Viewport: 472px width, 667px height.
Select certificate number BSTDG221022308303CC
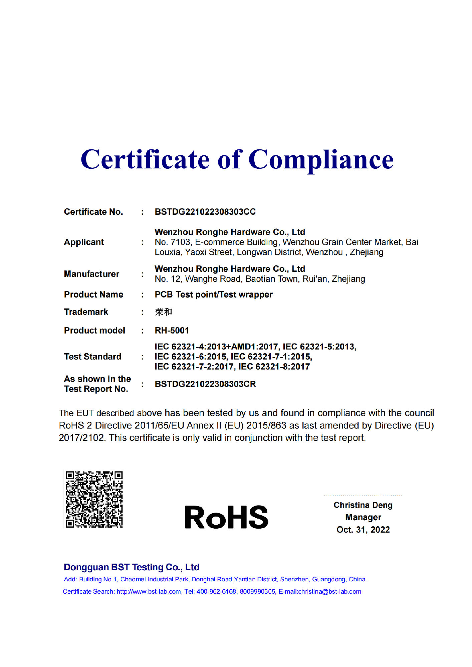(x=205, y=212)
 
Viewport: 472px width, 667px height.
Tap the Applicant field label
(x=84, y=242)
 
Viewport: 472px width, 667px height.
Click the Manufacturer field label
(x=91, y=274)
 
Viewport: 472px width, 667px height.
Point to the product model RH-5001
(x=172, y=330)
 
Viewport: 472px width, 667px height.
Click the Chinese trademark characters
(x=163, y=312)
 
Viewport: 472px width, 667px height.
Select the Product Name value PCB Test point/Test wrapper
(x=213, y=294)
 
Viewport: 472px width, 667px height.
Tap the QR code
(x=94, y=499)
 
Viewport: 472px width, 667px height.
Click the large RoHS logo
(x=226, y=517)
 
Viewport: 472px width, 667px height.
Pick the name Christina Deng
(x=363, y=505)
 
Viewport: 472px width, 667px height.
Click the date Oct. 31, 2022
(x=363, y=530)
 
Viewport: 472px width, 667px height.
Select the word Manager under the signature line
(x=363, y=517)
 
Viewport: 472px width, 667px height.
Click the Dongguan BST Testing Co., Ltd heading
(x=132, y=567)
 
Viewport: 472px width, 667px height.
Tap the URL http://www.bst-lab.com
(x=149, y=592)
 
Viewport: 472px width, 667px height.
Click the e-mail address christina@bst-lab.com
(x=329, y=592)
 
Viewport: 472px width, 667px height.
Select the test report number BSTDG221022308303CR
(x=205, y=384)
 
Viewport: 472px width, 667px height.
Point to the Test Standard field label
(x=92, y=357)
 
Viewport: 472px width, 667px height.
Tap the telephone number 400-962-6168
(x=216, y=592)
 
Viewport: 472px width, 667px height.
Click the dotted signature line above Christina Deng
(x=363, y=495)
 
